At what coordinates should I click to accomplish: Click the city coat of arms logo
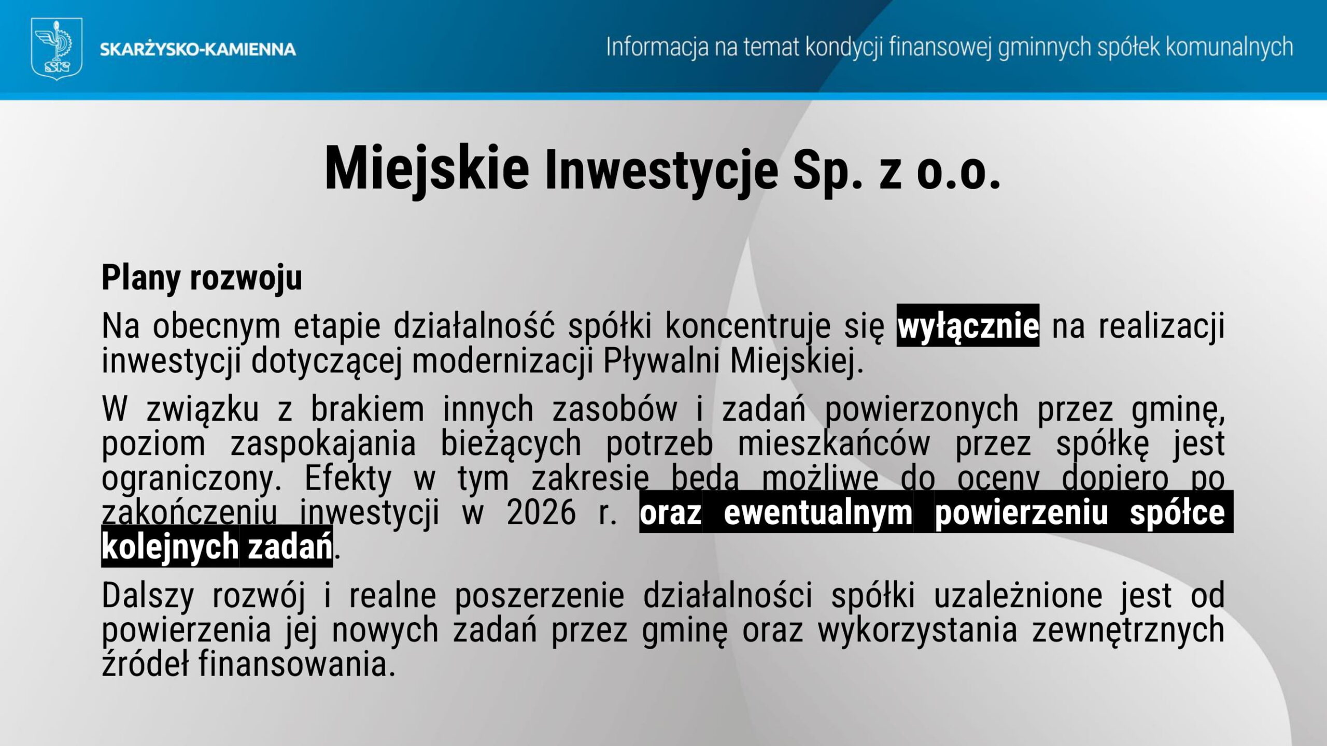[x=57, y=49]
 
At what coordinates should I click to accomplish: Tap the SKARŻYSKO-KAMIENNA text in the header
[x=197, y=50]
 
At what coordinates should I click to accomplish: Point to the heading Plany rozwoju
[x=202, y=278]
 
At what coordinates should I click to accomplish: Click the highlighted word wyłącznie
[x=968, y=326]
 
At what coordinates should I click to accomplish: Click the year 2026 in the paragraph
[x=541, y=513]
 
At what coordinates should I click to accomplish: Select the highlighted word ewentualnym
[x=818, y=513]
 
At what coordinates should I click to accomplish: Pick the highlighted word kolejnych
[x=170, y=547]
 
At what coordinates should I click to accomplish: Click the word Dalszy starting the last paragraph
[x=148, y=596]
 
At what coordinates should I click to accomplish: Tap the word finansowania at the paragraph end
[x=293, y=664]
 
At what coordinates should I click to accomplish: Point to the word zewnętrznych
[x=1128, y=630]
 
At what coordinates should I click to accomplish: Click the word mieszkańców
[x=834, y=444]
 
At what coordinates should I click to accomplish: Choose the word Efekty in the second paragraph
[x=348, y=479]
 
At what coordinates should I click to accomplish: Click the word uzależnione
[x=1018, y=596]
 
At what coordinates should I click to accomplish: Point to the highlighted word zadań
[x=290, y=547]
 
